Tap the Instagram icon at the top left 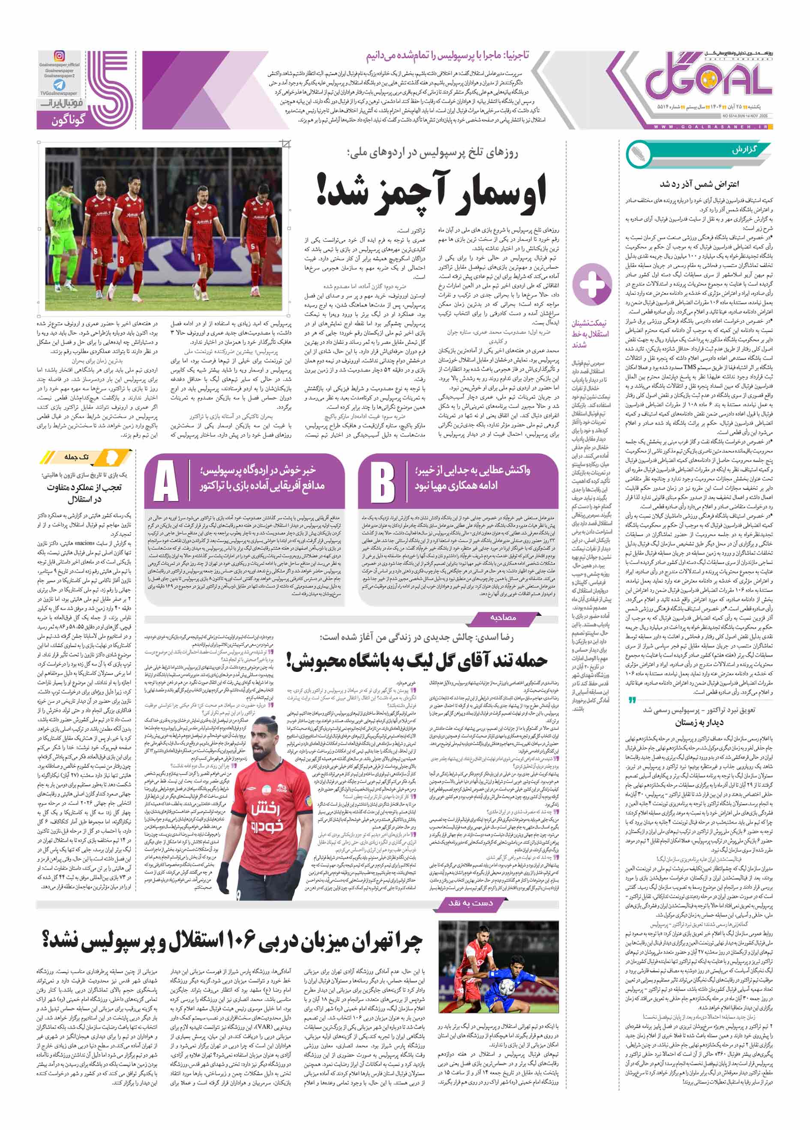pos(59,56)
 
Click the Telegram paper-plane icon pos(59,85)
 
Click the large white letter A pos(165,481)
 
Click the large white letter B pos(382,481)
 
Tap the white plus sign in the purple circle pos(592,285)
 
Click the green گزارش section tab pos(744,150)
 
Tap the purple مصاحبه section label pos(504,618)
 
